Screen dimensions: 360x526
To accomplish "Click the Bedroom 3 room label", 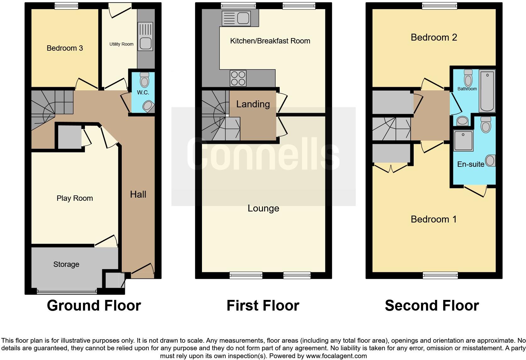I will [64, 48].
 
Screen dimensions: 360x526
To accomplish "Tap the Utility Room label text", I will [121, 44].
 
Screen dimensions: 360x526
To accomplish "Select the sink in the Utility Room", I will [145, 43].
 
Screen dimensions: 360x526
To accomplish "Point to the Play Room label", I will [75, 198].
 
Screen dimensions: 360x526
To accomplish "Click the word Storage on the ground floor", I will [66, 264].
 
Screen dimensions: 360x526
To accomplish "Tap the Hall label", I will [138, 194].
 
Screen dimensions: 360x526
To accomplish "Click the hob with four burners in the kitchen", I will [238, 78].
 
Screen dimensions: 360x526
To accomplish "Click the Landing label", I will [253, 104].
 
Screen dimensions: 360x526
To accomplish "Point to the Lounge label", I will [263, 208].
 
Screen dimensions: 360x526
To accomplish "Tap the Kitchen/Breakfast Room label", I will [270, 41].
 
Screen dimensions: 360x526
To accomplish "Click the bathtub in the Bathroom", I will [487, 91].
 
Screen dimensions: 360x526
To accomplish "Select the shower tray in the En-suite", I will [463, 140].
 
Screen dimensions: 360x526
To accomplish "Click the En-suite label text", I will [471, 164].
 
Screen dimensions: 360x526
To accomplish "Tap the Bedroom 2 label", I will [434, 37].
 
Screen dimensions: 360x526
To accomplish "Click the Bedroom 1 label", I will [434, 219].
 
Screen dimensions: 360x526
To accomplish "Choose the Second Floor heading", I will [432, 306].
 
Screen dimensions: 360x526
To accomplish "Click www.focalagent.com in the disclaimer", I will [336, 356].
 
